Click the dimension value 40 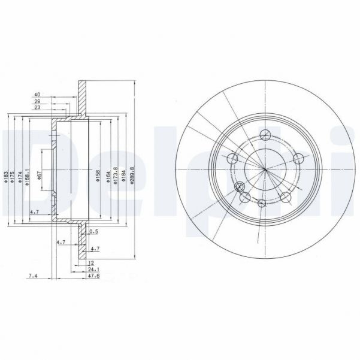tap(37, 95)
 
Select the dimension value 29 tap(37, 102)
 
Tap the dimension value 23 tap(37, 108)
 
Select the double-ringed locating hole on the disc tap(241, 186)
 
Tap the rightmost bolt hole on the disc tap(297, 158)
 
